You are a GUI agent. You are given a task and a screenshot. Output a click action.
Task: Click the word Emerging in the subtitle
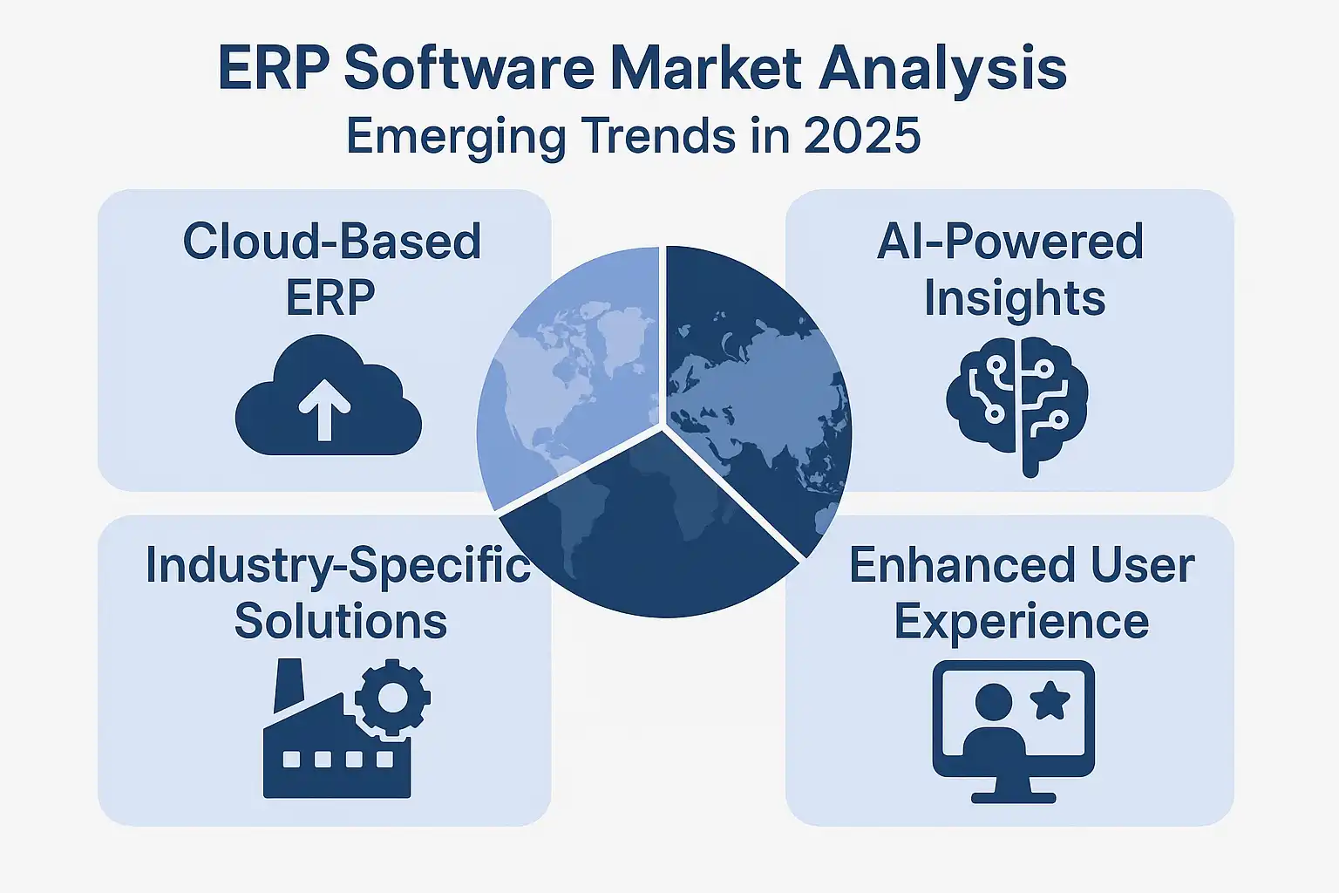[456, 139]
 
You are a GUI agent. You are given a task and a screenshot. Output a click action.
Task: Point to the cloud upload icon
[328, 395]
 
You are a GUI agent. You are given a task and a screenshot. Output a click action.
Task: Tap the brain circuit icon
[1016, 406]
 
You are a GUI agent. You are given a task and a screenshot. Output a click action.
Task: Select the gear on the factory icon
[393, 698]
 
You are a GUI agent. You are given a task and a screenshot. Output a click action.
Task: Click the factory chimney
[289, 685]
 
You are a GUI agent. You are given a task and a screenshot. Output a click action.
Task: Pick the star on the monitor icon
[1050, 703]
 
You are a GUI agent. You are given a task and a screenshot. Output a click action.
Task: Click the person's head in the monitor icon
[994, 702]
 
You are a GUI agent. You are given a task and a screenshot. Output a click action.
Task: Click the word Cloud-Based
[332, 242]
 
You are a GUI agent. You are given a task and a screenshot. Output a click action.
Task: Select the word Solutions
[341, 621]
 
